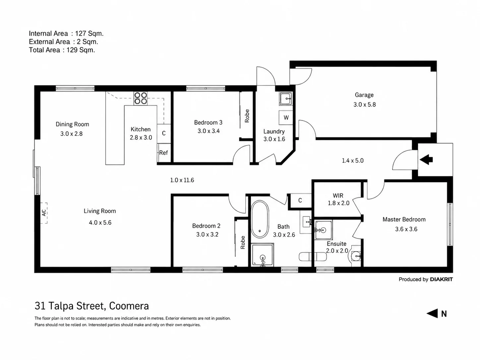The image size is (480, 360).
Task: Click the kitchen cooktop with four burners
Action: (141, 98)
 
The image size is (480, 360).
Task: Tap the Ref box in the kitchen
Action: (164, 152)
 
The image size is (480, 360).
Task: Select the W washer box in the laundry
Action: (286, 118)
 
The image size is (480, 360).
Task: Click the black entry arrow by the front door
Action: (426, 159)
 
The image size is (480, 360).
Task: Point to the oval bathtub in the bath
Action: (260, 219)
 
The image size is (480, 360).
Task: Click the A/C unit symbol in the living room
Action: (44, 213)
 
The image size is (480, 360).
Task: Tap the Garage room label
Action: (364, 95)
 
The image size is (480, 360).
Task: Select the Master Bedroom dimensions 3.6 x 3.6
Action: (406, 229)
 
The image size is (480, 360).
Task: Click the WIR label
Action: (338, 195)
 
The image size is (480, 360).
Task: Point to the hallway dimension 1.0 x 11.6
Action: (182, 180)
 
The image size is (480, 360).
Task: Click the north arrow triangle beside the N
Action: (432, 314)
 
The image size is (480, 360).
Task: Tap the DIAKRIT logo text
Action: (441, 279)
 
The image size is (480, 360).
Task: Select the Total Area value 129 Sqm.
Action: (81, 50)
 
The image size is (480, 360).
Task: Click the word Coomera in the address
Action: (129, 306)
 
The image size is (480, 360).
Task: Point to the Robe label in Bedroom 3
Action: (247, 116)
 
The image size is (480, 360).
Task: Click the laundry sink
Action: (286, 98)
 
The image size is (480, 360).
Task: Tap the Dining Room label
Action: (72, 124)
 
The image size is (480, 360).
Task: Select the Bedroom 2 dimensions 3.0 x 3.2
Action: (207, 235)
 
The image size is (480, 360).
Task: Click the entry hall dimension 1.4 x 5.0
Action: (352, 161)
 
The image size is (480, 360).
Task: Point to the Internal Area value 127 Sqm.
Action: (89, 34)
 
